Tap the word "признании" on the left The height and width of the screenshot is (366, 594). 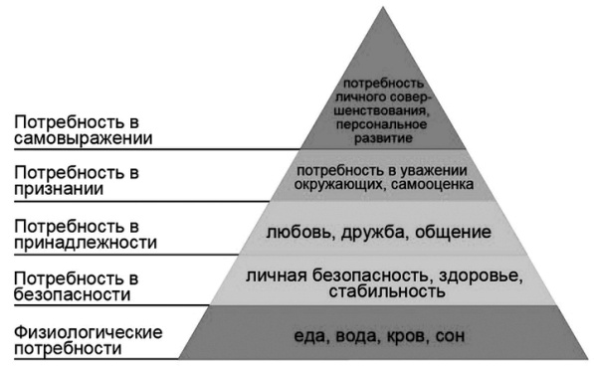(56, 190)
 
